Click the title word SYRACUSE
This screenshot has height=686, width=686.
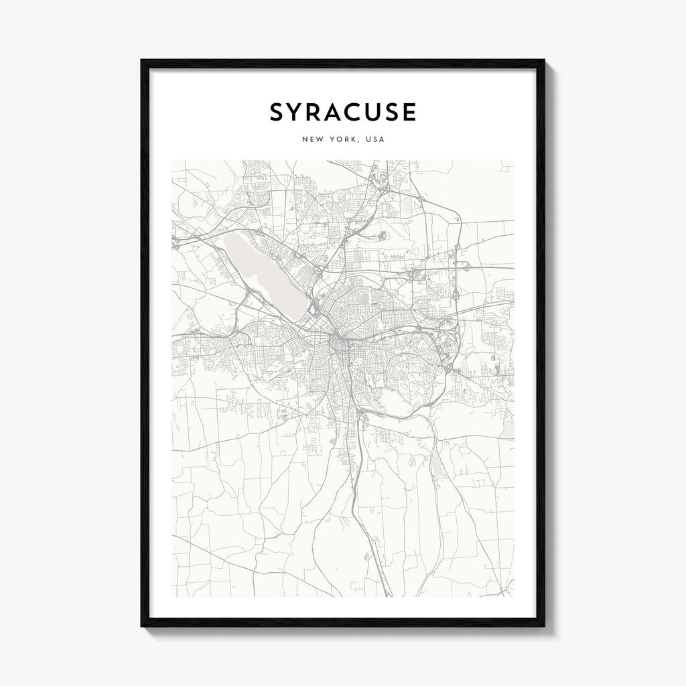click(343, 112)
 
